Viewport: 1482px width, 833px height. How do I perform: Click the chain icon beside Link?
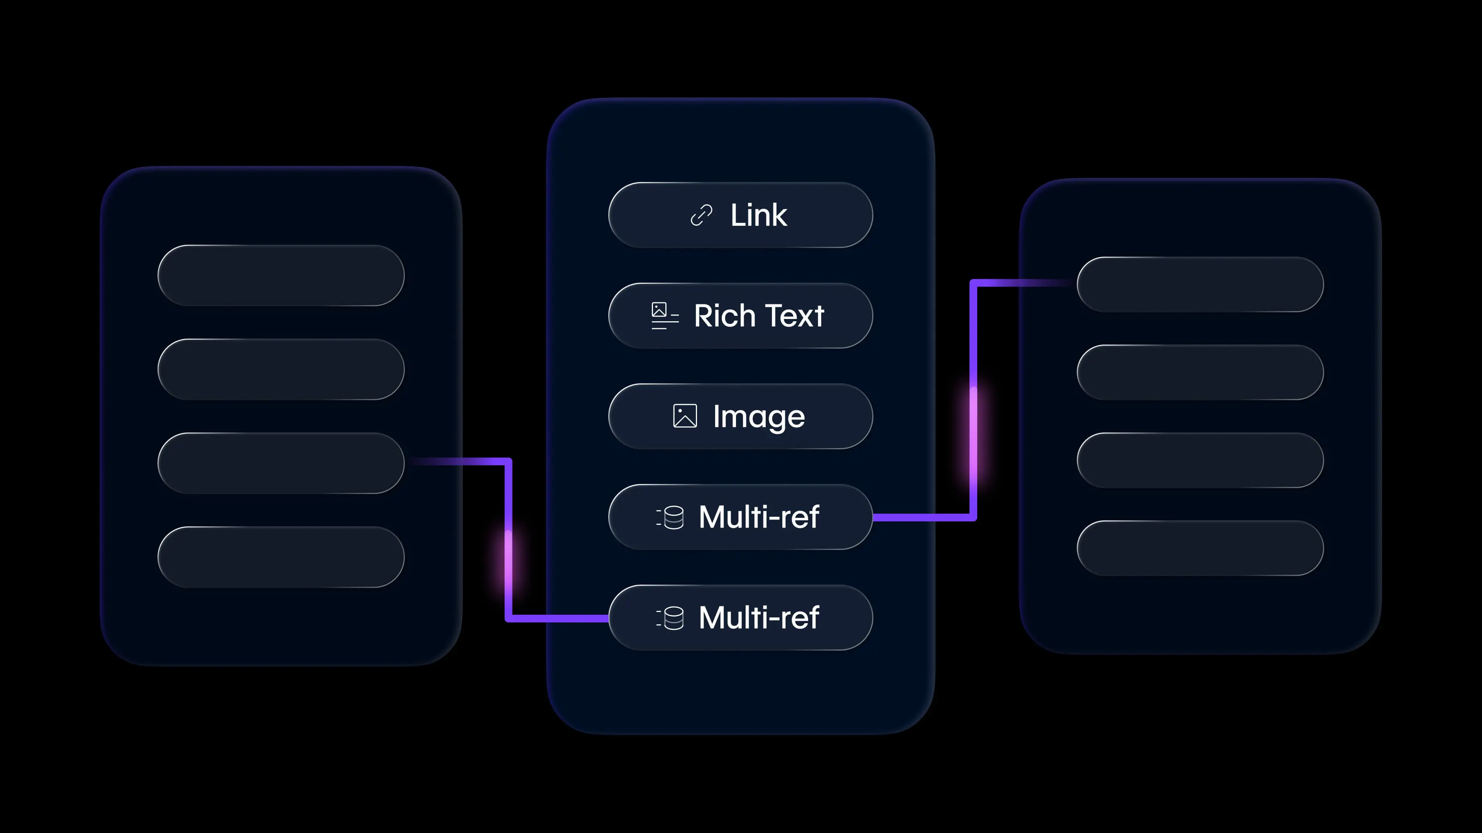coord(701,216)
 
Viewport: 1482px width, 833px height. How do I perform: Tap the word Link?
coord(758,216)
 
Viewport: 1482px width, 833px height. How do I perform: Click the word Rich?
coord(724,315)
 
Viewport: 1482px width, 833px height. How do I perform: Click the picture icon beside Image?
coord(685,416)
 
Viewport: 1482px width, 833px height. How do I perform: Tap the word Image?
coord(759,417)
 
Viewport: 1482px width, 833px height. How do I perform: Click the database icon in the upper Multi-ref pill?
coord(671,517)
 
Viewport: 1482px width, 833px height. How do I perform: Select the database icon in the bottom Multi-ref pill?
coord(671,618)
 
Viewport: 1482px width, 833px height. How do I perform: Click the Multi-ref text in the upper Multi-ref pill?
coord(759,517)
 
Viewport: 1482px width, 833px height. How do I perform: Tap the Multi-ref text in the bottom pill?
coord(759,617)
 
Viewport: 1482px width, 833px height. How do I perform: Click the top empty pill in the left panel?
coord(281,275)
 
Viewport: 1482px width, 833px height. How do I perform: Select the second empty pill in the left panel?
coord(281,369)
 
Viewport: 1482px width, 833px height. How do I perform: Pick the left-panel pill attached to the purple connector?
coord(281,463)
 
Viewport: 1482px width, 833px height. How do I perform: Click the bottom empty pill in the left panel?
coord(281,556)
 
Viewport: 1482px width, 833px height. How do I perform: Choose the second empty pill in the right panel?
coord(1200,372)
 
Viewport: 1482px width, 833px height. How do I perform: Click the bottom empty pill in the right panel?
coord(1200,548)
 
